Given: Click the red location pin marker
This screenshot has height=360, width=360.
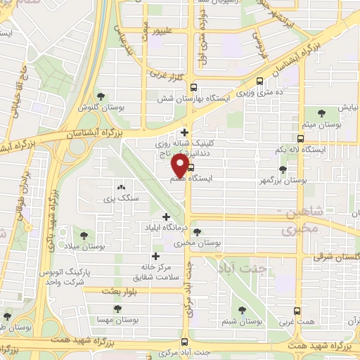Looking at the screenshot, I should click(179, 167).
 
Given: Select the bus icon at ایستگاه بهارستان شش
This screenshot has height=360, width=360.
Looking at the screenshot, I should click(193, 87).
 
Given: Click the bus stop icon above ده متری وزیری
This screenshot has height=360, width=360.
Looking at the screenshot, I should click(262, 81).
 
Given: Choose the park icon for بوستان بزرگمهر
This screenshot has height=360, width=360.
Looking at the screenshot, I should click(283, 169).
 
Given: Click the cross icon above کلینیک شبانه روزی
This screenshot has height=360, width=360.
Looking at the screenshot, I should click(184, 131).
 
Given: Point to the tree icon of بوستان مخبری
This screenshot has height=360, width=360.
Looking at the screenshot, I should click(196, 231).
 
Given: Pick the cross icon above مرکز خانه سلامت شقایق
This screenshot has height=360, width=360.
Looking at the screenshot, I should click(155, 257).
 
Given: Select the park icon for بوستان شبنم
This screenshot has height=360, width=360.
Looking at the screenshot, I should click(243, 309).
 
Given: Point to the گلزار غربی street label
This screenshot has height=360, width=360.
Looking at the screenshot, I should click(166, 72).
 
